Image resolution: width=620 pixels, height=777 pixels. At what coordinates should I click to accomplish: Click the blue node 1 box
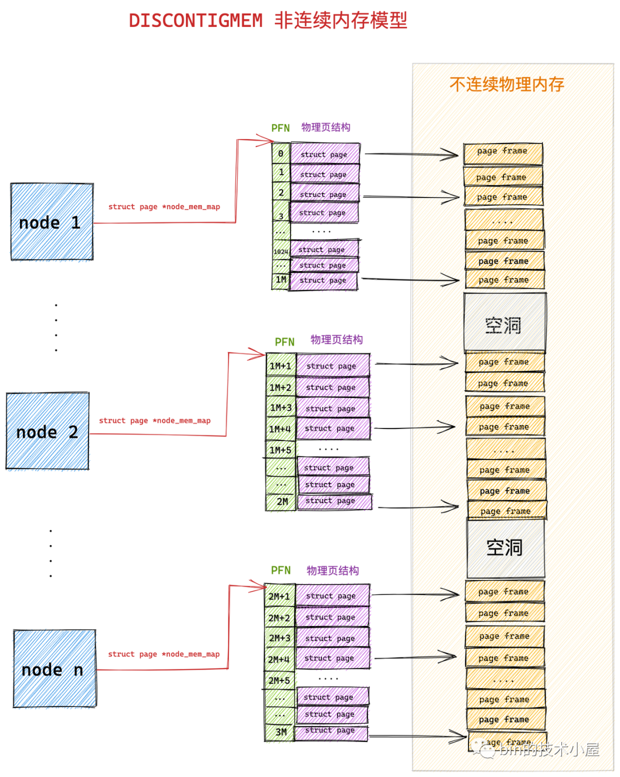[x=52, y=222]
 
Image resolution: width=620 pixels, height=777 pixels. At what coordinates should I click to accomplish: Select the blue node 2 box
[x=48, y=431]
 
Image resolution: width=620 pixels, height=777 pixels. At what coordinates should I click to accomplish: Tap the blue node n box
[x=55, y=668]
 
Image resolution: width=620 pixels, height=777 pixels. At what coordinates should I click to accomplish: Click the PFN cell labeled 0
[x=281, y=153]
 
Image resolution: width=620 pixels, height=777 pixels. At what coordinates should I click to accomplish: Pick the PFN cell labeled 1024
[x=281, y=251]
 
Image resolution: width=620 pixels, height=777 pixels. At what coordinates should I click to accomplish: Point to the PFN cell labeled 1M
[x=281, y=280]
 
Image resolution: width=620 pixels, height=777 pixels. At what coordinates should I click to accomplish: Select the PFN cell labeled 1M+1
[x=281, y=366]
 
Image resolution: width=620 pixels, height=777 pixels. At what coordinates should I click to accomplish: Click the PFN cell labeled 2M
[x=282, y=502]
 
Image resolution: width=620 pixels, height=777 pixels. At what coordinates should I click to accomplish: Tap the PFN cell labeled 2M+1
[x=280, y=596]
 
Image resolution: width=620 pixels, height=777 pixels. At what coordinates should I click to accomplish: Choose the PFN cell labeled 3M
[x=280, y=732]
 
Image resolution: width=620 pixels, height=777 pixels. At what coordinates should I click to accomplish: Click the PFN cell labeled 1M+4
[x=280, y=429]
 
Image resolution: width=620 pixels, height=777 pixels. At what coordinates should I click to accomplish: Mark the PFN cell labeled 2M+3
[x=280, y=638]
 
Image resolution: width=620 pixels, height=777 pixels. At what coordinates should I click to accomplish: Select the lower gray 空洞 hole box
[x=505, y=548]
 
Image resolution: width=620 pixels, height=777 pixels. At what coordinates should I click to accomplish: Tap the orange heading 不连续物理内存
[x=506, y=84]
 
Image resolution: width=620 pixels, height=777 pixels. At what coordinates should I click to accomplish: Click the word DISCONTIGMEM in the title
[x=195, y=21]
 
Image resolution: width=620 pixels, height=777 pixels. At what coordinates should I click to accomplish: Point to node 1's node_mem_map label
[x=164, y=207]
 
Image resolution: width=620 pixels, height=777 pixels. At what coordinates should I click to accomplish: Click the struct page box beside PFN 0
[x=325, y=154]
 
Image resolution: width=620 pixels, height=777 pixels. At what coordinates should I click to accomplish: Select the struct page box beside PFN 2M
[x=334, y=501]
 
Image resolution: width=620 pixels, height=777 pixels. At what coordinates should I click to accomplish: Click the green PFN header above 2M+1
[x=281, y=570]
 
